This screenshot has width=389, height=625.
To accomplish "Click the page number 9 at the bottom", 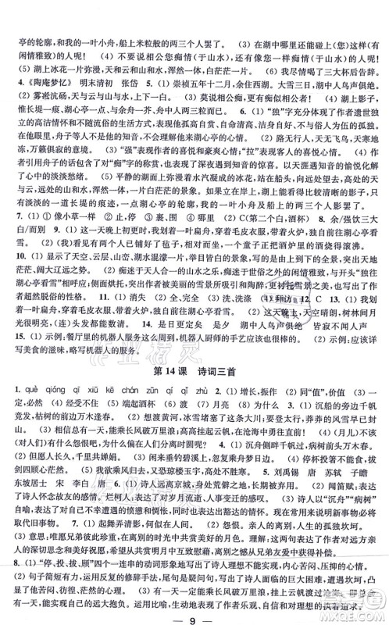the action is point(195,607).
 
